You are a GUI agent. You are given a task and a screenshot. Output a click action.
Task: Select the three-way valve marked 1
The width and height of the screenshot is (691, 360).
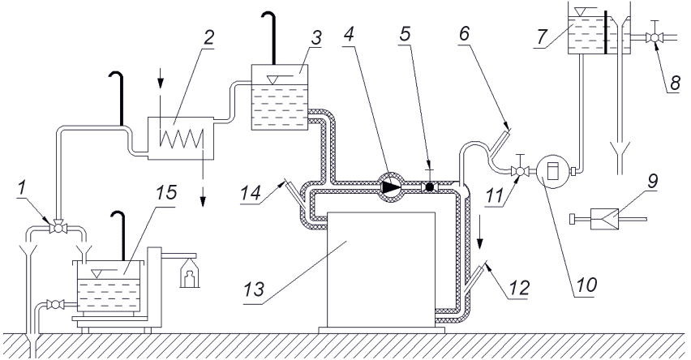click(57, 229)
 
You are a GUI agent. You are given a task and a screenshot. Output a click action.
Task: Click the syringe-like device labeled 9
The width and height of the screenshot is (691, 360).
click(607, 217)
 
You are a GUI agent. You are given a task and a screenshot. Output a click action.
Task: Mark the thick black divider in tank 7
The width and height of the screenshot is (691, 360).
click(607, 31)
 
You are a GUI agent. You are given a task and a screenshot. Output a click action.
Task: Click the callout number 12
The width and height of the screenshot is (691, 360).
click(518, 288)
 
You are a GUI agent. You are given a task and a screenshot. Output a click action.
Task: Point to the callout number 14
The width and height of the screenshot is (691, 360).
click(251, 192)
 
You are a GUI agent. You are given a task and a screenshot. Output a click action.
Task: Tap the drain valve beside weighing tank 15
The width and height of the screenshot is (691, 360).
click(55, 304)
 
